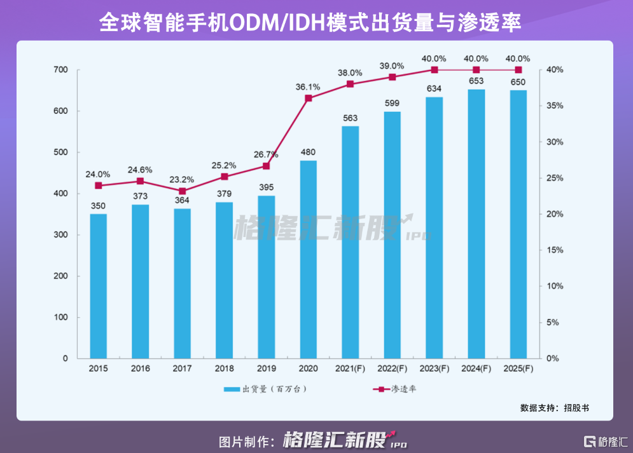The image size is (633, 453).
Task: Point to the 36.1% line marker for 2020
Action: [x=309, y=98]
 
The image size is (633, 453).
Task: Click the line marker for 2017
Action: [x=182, y=191]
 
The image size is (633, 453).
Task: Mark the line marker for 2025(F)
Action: [x=518, y=70]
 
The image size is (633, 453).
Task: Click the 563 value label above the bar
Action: [x=351, y=118]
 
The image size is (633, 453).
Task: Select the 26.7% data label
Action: [x=266, y=154]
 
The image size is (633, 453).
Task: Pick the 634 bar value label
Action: [x=435, y=88]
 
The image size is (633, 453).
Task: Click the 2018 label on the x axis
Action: [x=224, y=368]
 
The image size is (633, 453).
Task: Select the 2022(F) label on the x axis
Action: [x=392, y=368]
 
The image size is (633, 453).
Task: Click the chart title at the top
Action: [x=316, y=23]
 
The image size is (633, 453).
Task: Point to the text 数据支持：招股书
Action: [x=554, y=407]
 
